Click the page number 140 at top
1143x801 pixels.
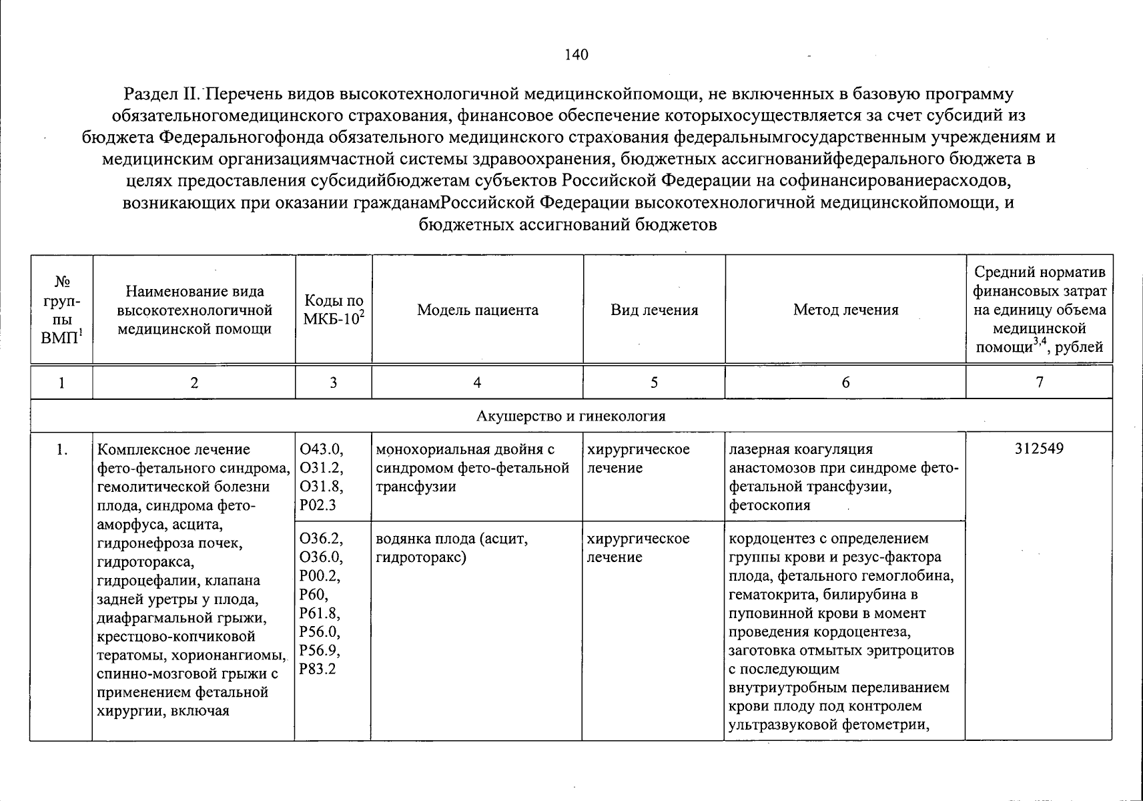click(x=576, y=55)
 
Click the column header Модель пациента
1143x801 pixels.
click(x=477, y=310)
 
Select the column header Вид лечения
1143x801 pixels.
click(x=654, y=310)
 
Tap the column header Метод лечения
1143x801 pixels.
click(x=845, y=310)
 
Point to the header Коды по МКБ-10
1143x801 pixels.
click(x=333, y=310)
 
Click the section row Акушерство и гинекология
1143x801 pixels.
click(x=570, y=417)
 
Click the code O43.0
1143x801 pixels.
click(x=322, y=449)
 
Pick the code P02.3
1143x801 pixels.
click(x=318, y=505)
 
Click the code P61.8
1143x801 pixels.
click(x=320, y=613)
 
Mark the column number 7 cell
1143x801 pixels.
click(x=1039, y=382)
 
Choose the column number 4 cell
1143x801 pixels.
click(x=476, y=382)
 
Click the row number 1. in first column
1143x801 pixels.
click(x=61, y=449)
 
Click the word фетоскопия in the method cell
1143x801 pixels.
click(x=769, y=505)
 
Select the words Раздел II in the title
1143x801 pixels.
click(x=160, y=95)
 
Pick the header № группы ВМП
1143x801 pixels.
click(x=61, y=310)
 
